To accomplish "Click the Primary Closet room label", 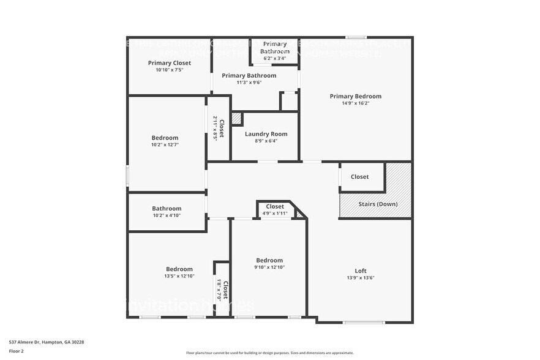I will pos(170,63).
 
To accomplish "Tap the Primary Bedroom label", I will pos(355,96).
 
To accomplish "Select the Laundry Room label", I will pos(266,134).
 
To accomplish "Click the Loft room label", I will pos(361,271).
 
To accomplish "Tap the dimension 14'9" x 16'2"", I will pos(355,103).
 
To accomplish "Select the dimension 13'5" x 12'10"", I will pos(179,276).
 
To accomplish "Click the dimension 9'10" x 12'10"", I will pos(269,267).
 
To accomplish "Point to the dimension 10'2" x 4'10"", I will pos(167,216).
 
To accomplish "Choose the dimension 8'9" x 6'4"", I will pos(266,141).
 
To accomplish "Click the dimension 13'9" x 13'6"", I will pos(361,278).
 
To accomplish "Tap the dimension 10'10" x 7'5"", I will pos(170,70).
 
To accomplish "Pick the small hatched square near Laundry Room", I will pos(236,119).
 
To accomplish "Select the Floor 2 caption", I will pos(16,351).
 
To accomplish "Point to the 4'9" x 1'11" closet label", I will pos(275,214).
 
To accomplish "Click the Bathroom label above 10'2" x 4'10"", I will pos(167,208).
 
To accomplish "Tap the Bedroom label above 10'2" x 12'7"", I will pos(165,138).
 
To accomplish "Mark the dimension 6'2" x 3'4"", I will pos(274,59).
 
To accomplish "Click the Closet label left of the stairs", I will pos(359,177).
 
